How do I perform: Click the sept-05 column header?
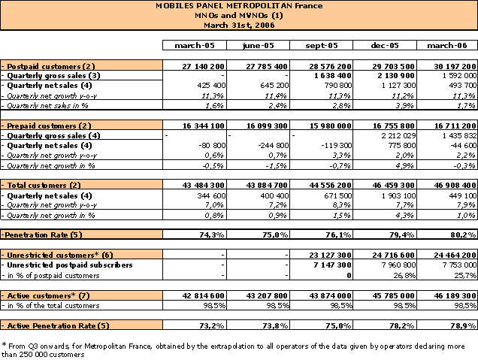322,45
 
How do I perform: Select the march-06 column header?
447,45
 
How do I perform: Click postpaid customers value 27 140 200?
204,66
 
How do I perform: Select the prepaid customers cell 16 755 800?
393,126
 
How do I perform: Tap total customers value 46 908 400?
455,185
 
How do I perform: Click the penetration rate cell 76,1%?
338,234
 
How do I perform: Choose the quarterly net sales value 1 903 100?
398,195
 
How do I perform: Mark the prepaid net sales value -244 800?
273,145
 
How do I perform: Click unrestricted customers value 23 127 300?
331,255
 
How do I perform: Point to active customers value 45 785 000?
393,295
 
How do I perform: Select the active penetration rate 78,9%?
464,325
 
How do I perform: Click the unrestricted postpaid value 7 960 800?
399,265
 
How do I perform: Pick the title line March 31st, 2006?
239,25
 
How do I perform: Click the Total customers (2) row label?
44,185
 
